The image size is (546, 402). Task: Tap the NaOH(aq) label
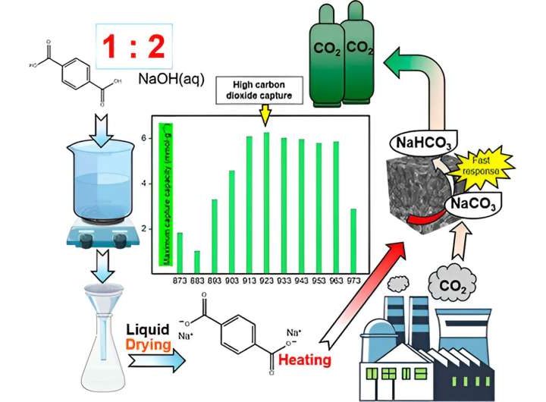coord(171,78)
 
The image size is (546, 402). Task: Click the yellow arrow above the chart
coord(264,114)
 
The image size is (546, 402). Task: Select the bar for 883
coord(196,262)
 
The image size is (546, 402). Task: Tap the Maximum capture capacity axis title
coord(161,193)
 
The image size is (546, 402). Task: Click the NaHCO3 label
coord(421,142)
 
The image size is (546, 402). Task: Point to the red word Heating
coord(304,359)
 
